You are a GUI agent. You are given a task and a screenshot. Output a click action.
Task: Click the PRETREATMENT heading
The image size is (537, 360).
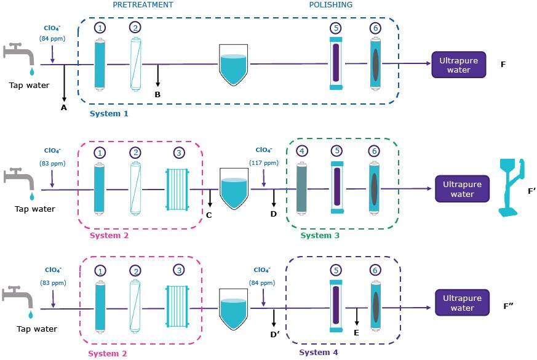tap(143, 5)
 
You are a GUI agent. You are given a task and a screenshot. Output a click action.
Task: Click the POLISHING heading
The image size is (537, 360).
tap(331, 5)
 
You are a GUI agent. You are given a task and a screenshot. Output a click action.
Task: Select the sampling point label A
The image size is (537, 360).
tap(63, 107)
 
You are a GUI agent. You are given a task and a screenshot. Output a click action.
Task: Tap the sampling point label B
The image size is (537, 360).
tap(157, 95)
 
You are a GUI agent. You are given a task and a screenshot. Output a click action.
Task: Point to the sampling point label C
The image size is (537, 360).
tap(209, 215)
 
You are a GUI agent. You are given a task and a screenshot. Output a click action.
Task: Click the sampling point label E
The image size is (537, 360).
tap(357, 332)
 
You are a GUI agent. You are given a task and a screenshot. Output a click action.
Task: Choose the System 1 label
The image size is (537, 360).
tap(109, 114)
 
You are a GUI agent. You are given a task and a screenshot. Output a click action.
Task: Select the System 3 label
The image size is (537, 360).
tap(320, 235)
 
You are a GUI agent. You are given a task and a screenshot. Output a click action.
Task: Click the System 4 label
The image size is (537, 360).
tap(319, 353)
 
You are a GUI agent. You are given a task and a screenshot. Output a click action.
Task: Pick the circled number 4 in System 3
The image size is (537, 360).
tap(301, 151)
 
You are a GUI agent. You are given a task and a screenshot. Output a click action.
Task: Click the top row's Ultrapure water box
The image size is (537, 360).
tap(459, 65)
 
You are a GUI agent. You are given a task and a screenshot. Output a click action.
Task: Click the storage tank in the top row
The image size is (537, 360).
tap(234, 70)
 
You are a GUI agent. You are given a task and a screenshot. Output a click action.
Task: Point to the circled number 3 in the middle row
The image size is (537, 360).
tap(178, 151)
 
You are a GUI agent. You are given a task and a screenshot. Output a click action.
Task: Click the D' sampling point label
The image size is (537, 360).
tap(275, 334)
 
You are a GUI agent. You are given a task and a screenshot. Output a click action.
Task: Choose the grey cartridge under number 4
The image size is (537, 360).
tap(301, 188)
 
